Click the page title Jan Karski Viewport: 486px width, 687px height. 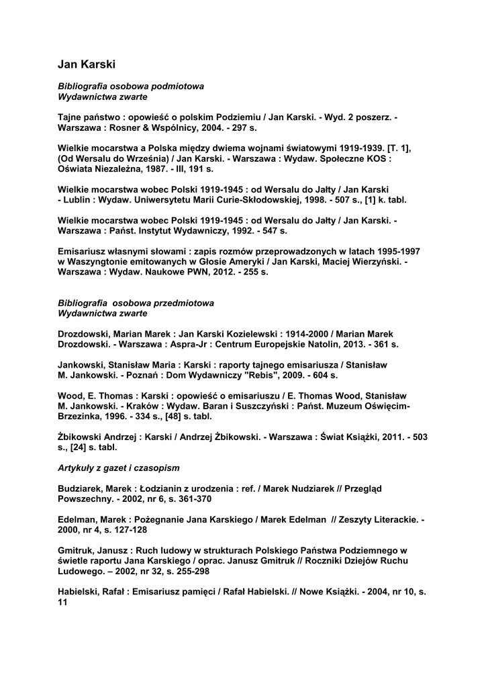(x=86, y=64)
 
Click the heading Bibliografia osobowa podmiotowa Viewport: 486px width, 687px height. (x=131, y=87)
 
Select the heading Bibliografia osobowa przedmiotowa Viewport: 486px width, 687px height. (x=136, y=303)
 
